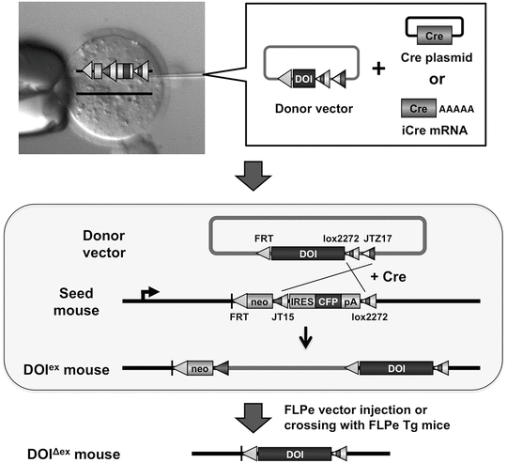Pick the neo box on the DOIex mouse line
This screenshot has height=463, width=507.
(200, 369)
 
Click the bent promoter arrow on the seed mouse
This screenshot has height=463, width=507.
(148, 292)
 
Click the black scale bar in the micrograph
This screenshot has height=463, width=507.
(115, 94)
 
